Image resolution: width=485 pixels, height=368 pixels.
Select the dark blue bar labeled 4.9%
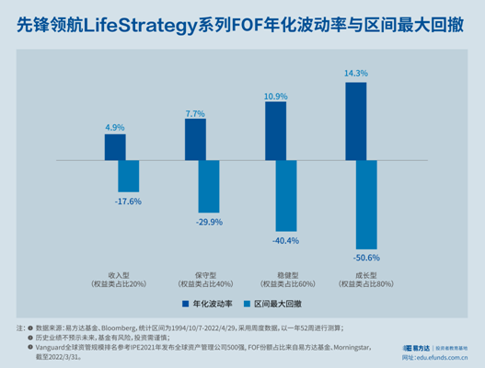pos(115,147)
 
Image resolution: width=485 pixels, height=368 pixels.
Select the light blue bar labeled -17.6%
pos(129,176)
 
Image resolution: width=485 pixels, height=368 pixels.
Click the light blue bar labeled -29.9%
pos(209,186)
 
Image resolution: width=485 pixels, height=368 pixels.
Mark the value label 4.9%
pos(115,126)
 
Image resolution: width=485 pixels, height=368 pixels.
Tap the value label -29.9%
pos(207,222)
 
